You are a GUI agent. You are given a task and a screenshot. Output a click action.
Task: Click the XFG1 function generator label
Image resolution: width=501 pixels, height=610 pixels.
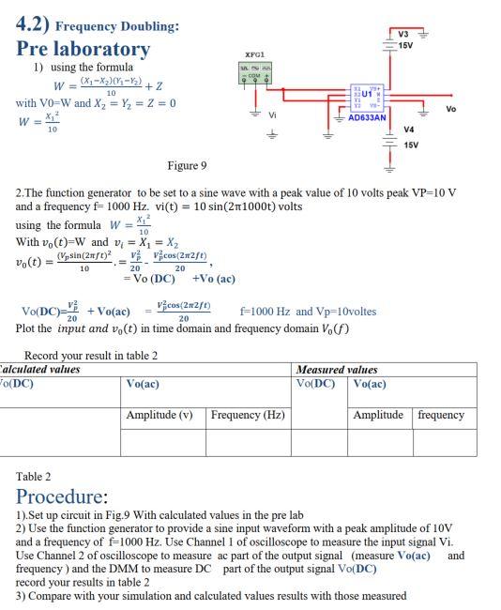pos(255,56)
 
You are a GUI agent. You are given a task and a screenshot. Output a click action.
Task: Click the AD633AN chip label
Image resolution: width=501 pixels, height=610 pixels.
pos(367,118)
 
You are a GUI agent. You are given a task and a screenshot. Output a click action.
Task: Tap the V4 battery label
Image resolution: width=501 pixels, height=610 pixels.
pos(409,130)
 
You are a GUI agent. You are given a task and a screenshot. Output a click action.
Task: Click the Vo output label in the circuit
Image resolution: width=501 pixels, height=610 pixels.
pos(451,109)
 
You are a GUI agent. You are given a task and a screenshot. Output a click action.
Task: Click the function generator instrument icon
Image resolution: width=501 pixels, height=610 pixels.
pos(254,72)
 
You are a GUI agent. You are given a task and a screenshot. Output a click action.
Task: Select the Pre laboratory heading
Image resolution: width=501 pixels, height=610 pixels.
pos(83,49)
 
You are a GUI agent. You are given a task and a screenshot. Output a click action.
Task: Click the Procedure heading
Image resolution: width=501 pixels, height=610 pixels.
pos(62,496)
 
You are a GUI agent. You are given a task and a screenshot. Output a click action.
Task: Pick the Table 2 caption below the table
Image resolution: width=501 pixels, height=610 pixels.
pos(34,477)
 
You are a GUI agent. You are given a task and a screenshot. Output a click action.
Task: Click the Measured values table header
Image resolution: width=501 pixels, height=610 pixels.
pos(336,370)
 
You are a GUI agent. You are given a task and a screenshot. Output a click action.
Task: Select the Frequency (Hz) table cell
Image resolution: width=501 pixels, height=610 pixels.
pos(248,415)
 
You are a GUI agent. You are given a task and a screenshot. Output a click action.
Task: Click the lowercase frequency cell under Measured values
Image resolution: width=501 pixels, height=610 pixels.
pos(441,415)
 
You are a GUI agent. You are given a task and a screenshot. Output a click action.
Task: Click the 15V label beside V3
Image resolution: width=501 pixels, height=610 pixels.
pos(404,46)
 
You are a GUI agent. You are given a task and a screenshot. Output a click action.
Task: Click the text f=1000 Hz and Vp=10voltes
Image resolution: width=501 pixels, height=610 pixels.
pos(308,312)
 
